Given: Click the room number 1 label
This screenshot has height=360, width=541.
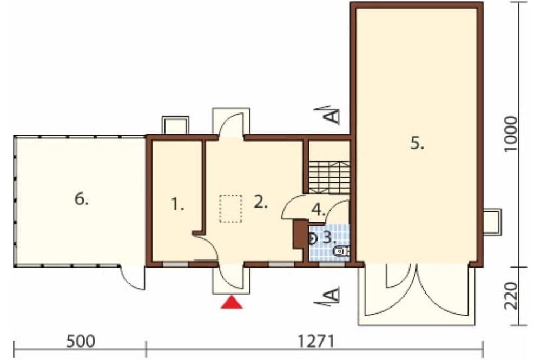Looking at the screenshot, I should point(177,204).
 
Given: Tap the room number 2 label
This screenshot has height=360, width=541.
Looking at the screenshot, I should point(261,203).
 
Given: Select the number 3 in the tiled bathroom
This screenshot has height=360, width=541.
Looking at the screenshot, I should point(329,236).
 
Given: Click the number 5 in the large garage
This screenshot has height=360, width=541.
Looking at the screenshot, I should point(417,143).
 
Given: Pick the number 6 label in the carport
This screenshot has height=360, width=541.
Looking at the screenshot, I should point(81,199).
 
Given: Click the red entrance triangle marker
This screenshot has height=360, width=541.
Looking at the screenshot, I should point(231,303).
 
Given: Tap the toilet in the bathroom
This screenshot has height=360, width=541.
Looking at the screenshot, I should point(341,251).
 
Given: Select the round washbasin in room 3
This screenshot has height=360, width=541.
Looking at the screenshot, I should point(313,237).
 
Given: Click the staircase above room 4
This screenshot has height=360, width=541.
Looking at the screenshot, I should point(327,176).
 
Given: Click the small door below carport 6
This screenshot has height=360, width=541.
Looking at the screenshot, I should point(133,278).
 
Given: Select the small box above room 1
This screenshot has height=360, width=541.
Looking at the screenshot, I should point(174,125).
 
